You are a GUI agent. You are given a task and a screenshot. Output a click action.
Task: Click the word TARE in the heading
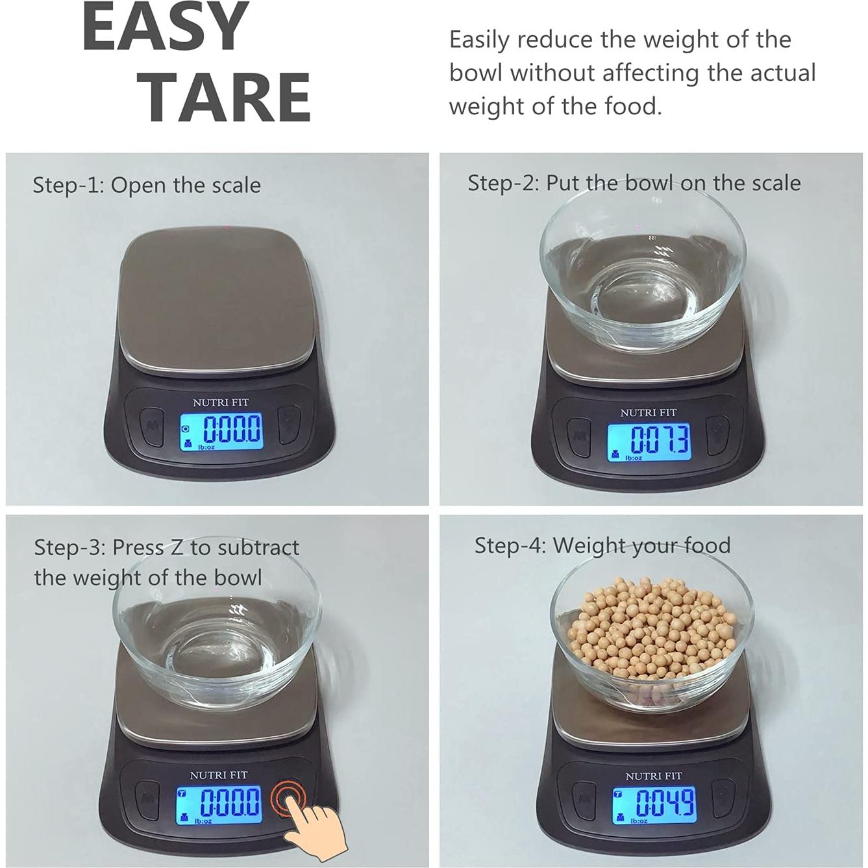[227, 97]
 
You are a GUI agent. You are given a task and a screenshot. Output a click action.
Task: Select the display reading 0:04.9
[654, 804]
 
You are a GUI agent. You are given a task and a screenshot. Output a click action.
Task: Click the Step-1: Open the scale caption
[147, 185]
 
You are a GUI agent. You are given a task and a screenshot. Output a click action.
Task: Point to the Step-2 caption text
[634, 183]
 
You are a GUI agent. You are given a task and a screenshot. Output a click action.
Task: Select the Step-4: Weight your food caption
[602, 545]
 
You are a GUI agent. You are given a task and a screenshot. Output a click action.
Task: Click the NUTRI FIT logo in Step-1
[221, 403]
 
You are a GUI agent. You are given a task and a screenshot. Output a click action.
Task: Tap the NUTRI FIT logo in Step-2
[648, 412]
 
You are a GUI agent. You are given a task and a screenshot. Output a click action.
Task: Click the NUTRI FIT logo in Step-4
[653, 776]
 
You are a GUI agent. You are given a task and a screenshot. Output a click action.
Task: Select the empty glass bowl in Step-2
[643, 279]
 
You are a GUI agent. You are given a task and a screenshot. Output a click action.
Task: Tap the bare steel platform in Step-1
[214, 299]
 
